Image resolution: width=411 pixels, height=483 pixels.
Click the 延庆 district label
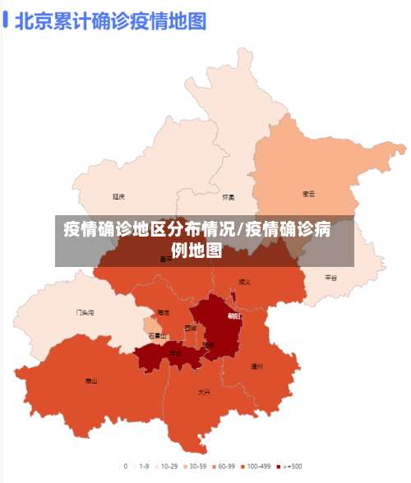(x=119, y=197)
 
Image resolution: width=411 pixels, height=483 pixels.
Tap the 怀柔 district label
(x=229, y=197)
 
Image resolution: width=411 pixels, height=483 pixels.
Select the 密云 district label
(x=308, y=195)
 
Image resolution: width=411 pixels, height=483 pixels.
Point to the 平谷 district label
(x=330, y=278)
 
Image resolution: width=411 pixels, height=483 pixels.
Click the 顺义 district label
(x=244, y=282)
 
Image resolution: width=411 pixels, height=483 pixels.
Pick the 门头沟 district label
(x=85, y=313)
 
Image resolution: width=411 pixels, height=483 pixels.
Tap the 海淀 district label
(x=163, y=313)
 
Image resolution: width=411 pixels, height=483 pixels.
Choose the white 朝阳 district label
(x=234, y=315)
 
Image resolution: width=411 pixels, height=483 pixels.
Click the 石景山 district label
(x=156, y=336)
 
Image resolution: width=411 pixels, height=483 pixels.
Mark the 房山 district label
(x=91, y=381)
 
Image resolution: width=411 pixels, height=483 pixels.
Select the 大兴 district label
(x=203, y=393)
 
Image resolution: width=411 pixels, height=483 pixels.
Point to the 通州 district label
(x=256, y=367)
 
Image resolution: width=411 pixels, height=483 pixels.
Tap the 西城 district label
(x=191, y=328)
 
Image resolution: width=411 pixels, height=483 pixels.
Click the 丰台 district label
(x=175, y=354)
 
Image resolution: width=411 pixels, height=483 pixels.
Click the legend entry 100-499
(x=256, y=466)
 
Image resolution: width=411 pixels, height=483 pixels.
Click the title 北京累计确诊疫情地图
(x=110, y=20)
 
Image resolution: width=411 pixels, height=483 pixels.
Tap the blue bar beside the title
(x=6, y=20)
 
